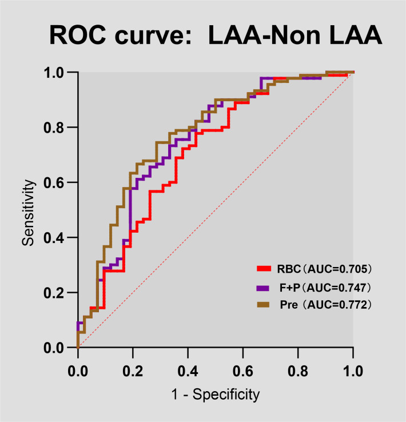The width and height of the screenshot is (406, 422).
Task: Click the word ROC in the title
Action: pos(78,35)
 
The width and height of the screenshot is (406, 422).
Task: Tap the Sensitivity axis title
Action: pos(28,213)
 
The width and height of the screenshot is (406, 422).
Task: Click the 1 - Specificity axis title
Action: pos(216,395)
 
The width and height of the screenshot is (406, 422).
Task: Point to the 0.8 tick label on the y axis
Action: pos(54,128)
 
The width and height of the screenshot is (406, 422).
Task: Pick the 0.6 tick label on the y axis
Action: pos(54,183)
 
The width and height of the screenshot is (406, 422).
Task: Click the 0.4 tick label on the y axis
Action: pos(54,238)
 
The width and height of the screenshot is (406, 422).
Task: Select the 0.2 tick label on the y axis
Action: pos(54,293)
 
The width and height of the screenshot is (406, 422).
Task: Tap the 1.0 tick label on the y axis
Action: pos(54,73)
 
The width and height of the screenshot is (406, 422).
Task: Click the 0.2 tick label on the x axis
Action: pos(133,371)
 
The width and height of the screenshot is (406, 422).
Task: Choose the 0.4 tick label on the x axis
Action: pos(188,371)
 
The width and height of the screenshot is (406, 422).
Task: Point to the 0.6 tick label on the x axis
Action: pos(242,371)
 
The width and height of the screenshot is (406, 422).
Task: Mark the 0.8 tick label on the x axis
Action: pos(298,371)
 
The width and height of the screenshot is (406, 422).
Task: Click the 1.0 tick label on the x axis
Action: pos(353,371)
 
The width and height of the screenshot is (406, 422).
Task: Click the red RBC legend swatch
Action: pos(264,269)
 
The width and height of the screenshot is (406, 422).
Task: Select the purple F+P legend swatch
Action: pos(263,288)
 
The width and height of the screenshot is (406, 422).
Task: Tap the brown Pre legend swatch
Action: pos(263,305)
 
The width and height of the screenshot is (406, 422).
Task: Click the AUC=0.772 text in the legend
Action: pos(337,305)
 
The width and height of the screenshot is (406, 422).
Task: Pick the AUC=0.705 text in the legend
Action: pos(337,269)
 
